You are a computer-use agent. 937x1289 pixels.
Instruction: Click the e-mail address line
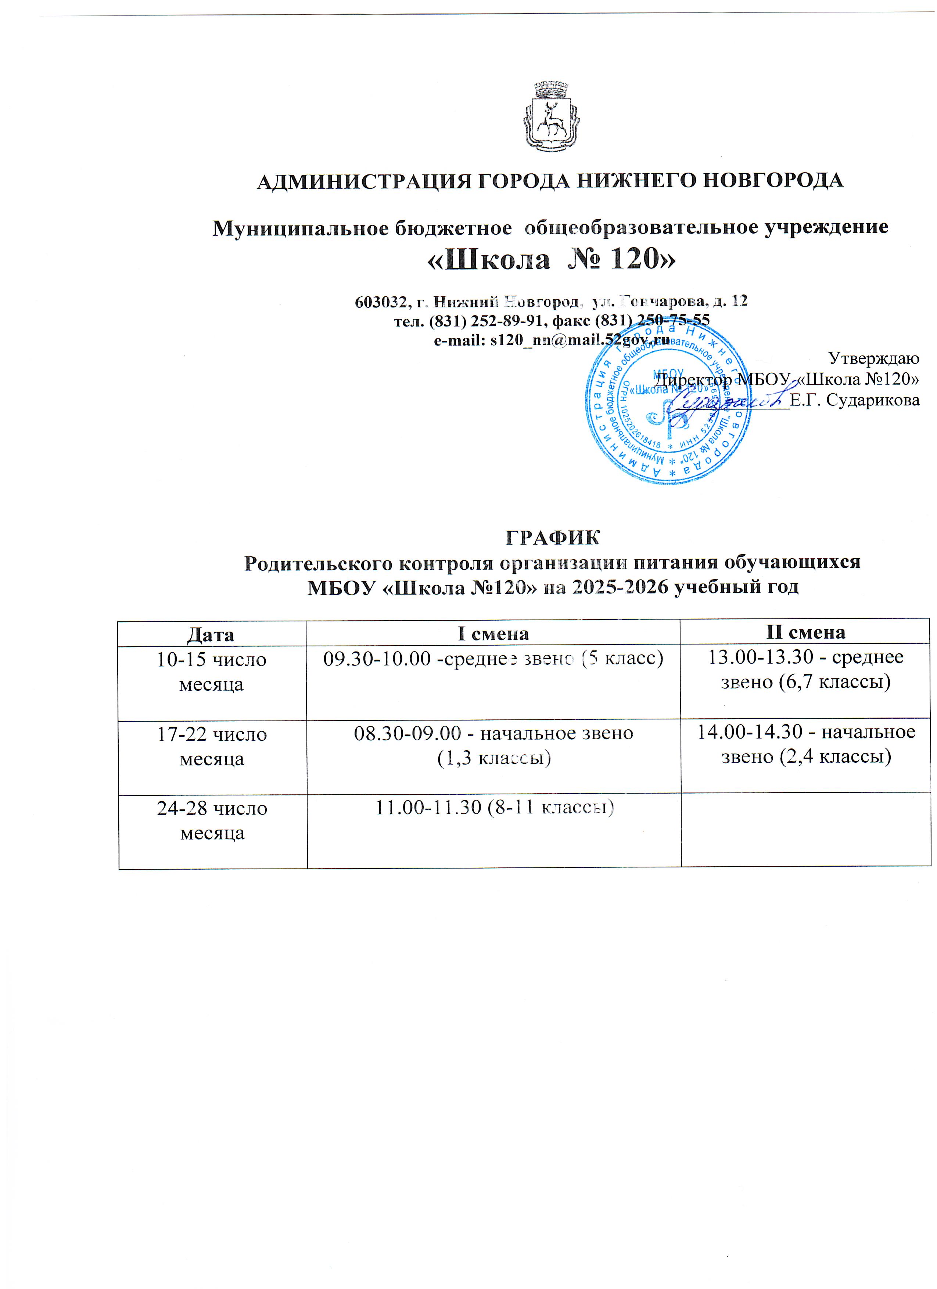pyautogui.click(x=552, y=340)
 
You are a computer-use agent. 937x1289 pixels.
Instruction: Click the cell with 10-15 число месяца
pyautogui.click(x=212, y=672)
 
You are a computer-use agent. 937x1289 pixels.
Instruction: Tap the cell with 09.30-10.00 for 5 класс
pyautogui.click(x=493, y=659)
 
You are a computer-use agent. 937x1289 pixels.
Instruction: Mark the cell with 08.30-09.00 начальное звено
pyautogui.click(x=493, y=745)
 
